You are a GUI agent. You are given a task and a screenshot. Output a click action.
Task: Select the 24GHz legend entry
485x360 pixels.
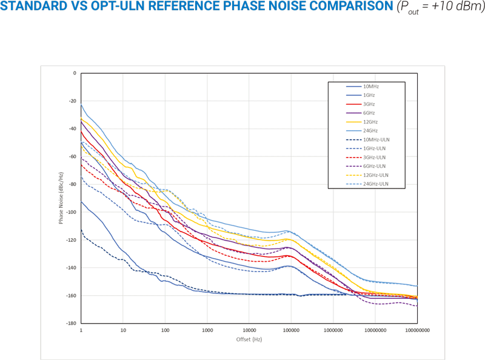pyautogui.click(x=370, y=131)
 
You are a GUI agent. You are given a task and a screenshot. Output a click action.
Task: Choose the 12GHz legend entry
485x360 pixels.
pyautogui.click(x=370, y=122)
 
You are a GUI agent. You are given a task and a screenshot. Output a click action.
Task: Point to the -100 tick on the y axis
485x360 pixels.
pyautogui.click(x=73, y=212)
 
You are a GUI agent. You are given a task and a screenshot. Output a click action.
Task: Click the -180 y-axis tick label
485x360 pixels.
pyautogui.click(x=73, y=323)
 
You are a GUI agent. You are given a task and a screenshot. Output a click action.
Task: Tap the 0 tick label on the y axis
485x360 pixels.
pyautogui.click(x=75, y=73)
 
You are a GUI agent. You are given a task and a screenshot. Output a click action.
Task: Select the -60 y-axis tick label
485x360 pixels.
pyautogui.click(x=73, y=156)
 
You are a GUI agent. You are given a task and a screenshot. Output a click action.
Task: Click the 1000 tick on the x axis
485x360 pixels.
pyautogui.click(x=207, y=331)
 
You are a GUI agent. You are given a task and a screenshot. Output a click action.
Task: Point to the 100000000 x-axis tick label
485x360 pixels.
pyautogui.click(x=417, y=331)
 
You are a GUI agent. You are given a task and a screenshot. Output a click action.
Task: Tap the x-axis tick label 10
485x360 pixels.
pyautogui.click(x=123, y=331)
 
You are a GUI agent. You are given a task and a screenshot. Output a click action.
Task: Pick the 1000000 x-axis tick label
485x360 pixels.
pyautogui.click(x=333, y=331)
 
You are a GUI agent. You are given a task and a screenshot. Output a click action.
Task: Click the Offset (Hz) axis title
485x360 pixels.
pyautogui.click(x=249, y=339)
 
